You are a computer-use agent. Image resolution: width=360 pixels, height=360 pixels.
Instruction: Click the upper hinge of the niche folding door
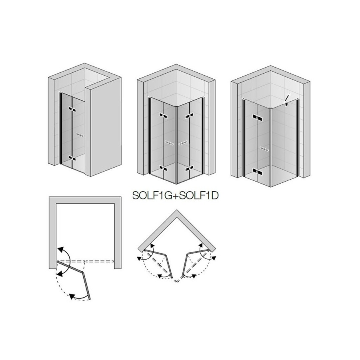pyautogui.click(x=72, y=109)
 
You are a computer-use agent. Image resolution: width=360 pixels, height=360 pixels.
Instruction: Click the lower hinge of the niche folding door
pyautogui.click(x=72, y=158)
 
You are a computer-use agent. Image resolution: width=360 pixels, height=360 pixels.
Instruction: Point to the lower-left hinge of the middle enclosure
pyautogui.click(x=163, y=168)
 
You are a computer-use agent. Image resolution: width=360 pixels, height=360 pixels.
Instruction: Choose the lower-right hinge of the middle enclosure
pyautogui.click(x=189, y=168)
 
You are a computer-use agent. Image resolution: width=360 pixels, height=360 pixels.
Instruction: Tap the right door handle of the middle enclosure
pyautogui.click(x=183, y=143)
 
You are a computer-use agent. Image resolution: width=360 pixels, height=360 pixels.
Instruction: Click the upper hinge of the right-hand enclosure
pyautogui.click(x=257, y=118)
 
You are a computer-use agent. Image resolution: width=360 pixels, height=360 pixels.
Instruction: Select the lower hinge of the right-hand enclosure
pyautogui.click(x=257, y=171)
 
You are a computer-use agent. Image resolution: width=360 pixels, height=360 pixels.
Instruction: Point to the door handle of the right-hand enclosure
pyautogui.click(x=264, y=149)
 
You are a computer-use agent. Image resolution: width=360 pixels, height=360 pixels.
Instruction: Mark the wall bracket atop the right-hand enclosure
pyautogui.click(x=287, y=100)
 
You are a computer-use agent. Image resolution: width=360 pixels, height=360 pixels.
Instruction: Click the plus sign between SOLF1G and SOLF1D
pyautogui.click(x=174, y=196)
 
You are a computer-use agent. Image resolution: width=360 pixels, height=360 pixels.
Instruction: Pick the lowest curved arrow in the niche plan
pyautogui.click(x=79, y=297)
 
